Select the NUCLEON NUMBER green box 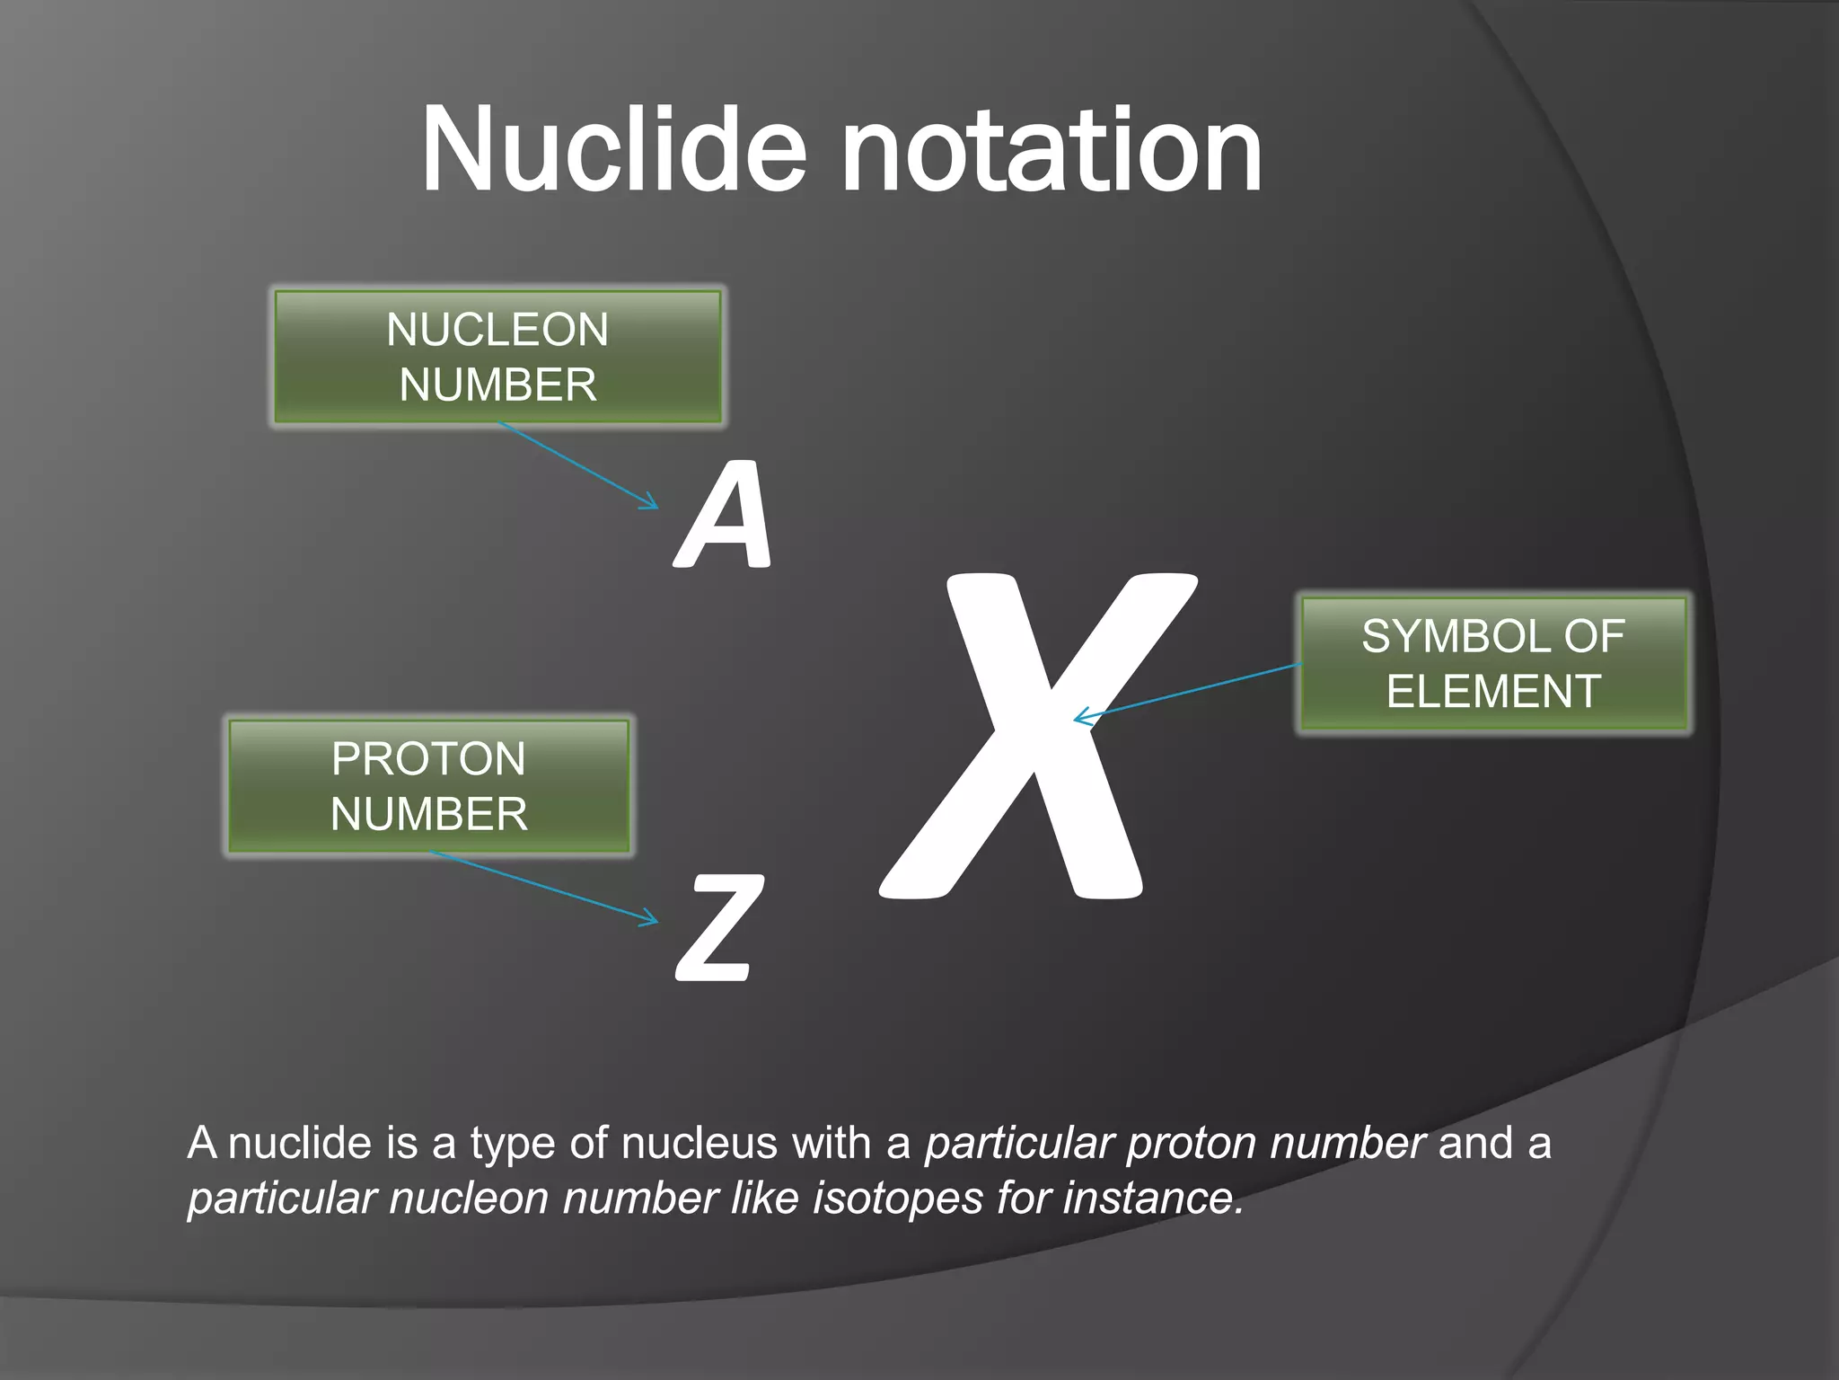497,357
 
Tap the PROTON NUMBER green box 428,786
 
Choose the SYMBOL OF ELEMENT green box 1492,664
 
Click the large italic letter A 726,516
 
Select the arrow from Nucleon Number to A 579,466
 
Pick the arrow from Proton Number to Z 544,887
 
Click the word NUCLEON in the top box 497,330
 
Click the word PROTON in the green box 428,759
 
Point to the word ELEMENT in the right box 1493,692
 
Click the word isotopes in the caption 897,1199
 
